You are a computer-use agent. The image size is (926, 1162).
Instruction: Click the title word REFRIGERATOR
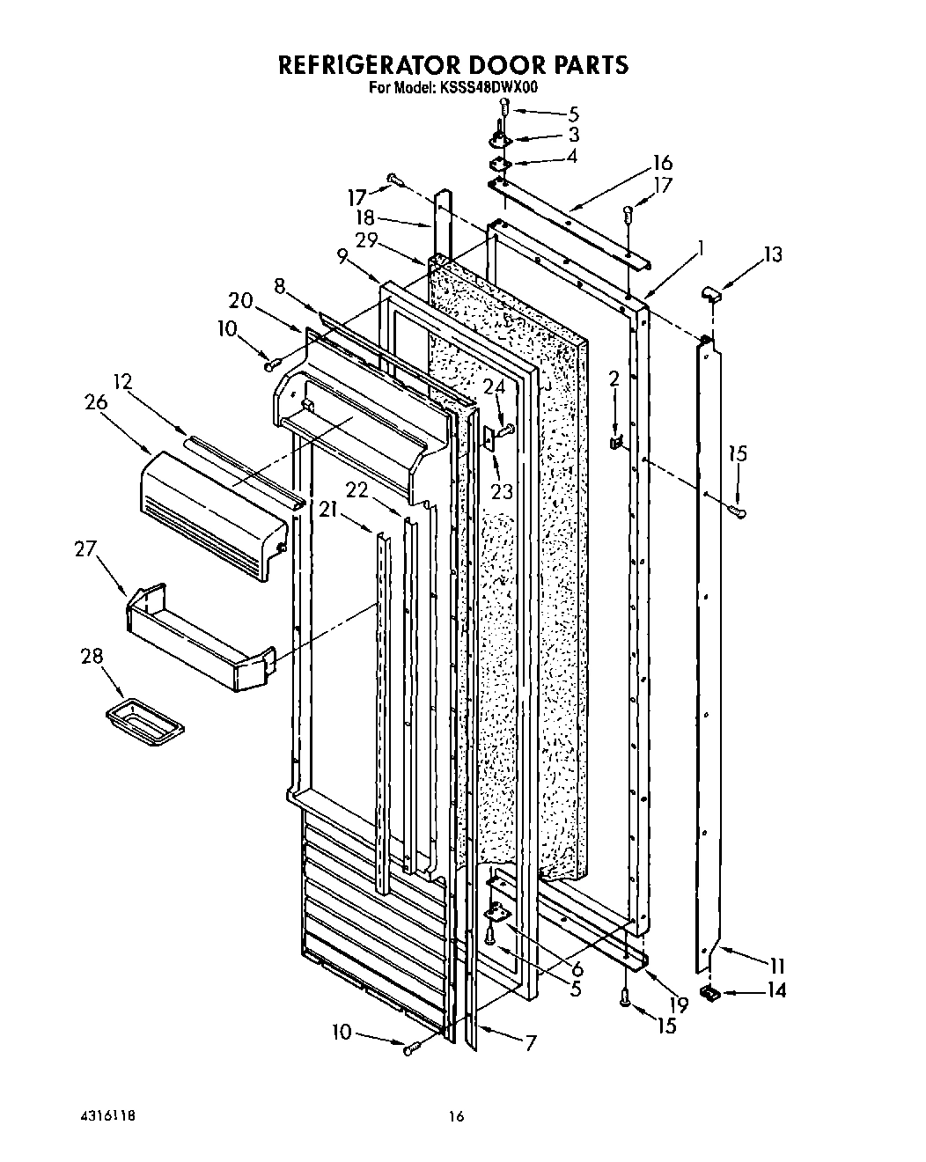click(x=368, y=65)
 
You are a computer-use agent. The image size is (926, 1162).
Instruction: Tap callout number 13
click(x=772, y=255)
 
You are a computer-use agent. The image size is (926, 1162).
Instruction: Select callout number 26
click(x=96, y=402)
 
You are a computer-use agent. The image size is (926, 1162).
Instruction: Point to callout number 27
click(x=85, y=550)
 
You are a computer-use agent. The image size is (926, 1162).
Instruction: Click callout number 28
click(x=92, y=657)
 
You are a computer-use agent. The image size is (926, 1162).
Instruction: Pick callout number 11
click(x=776, y=964)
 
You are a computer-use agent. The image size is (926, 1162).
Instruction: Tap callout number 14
click(x=775, y=990)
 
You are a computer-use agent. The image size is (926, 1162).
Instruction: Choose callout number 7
click(x=530, y=1043)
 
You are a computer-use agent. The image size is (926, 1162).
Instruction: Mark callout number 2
click(x=614, y=379)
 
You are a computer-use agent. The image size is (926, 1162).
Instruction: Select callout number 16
click(x=662, y=163)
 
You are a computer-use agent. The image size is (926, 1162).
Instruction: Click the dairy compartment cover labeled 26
click(x=211, y=515)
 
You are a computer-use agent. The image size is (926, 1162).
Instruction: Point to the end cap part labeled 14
click(x=709, y=993)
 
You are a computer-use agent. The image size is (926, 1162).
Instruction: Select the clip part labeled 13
click(x=713, y=293)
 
